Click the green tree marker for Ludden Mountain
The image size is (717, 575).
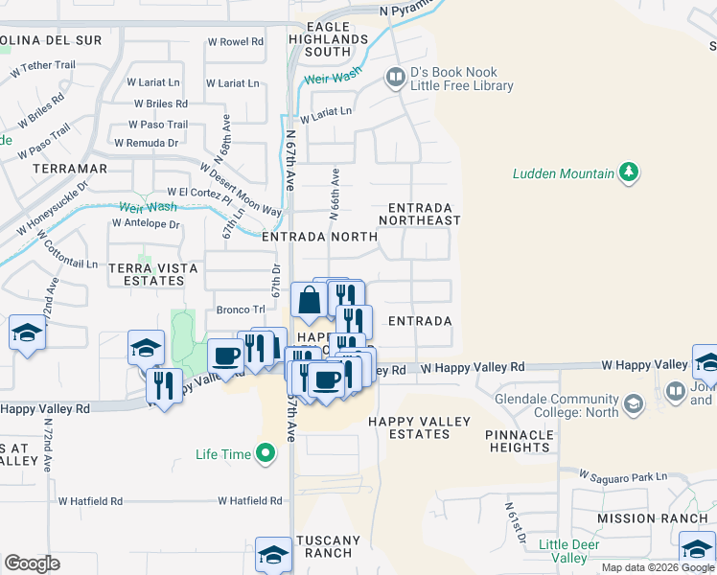(x=629, y=172)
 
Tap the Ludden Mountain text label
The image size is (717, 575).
(x=563, y=173)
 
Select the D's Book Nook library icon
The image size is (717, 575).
(x=394, y=76)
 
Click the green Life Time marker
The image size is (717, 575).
(x=265, y=454)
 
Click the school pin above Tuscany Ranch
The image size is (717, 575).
(x=273, y=555)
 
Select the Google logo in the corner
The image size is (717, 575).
(x=32, y=563)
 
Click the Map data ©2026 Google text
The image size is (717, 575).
(x=658, y=567)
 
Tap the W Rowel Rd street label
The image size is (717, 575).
(x=235, y=42)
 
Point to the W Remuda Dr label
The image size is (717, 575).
(x=146, y=143)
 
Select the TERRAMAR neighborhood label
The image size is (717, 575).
(x=69, y=169)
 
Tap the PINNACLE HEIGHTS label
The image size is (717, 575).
(x=520, y=441)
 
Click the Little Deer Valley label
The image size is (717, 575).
(x=568, y=551)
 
